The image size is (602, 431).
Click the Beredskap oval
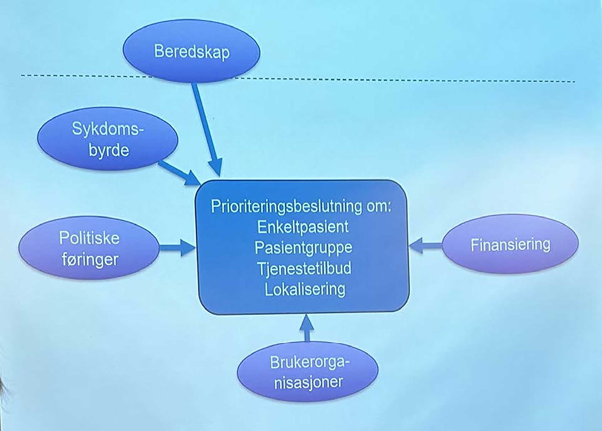(191, 51)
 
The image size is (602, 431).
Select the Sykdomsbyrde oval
(108, 139)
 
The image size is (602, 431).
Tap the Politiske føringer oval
(89, 248)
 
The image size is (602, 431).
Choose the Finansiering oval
(510, 244)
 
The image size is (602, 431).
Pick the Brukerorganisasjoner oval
(308, 372)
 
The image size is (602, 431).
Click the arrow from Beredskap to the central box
(207, 129)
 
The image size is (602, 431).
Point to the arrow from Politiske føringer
(177, 248)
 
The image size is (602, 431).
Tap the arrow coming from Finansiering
(425, 245)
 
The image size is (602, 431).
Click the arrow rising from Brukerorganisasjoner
(307, 328)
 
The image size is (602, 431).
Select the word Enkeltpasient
(303, 227)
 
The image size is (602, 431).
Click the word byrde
(109, 150)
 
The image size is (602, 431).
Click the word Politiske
(89, 238)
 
